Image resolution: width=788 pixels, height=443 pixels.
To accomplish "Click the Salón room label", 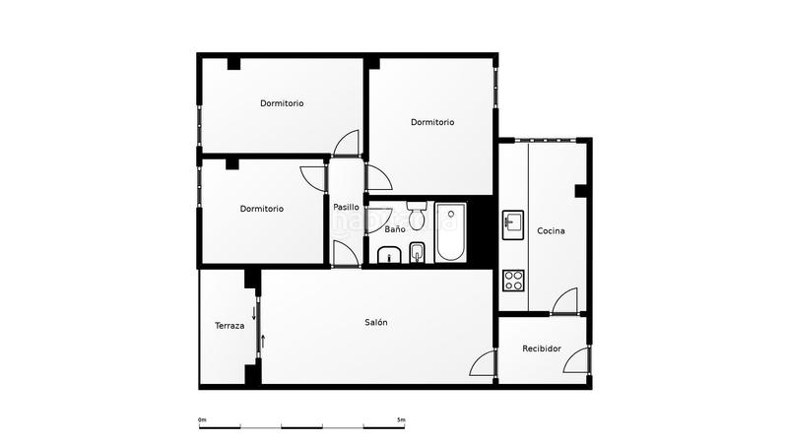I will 376,323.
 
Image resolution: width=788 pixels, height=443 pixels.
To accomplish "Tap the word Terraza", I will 230,326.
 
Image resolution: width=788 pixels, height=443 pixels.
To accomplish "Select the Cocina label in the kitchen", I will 551,231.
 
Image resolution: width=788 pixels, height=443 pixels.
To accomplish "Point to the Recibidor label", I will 542,348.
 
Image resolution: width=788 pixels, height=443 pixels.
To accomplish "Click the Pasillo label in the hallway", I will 346,208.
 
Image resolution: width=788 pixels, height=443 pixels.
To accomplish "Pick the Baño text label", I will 394,229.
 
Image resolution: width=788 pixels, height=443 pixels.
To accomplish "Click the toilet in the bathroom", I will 415,212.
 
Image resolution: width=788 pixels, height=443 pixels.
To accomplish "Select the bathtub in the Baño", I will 450,232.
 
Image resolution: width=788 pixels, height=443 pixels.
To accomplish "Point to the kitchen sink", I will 513,224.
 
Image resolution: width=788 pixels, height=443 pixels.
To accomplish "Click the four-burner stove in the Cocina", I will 513,280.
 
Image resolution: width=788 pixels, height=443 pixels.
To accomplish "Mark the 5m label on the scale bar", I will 401,420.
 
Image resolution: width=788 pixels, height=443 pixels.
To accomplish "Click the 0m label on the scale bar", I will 202,420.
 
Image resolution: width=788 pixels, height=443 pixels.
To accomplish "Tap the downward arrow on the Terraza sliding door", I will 253,314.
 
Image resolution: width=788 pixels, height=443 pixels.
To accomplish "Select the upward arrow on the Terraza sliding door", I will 263,343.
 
